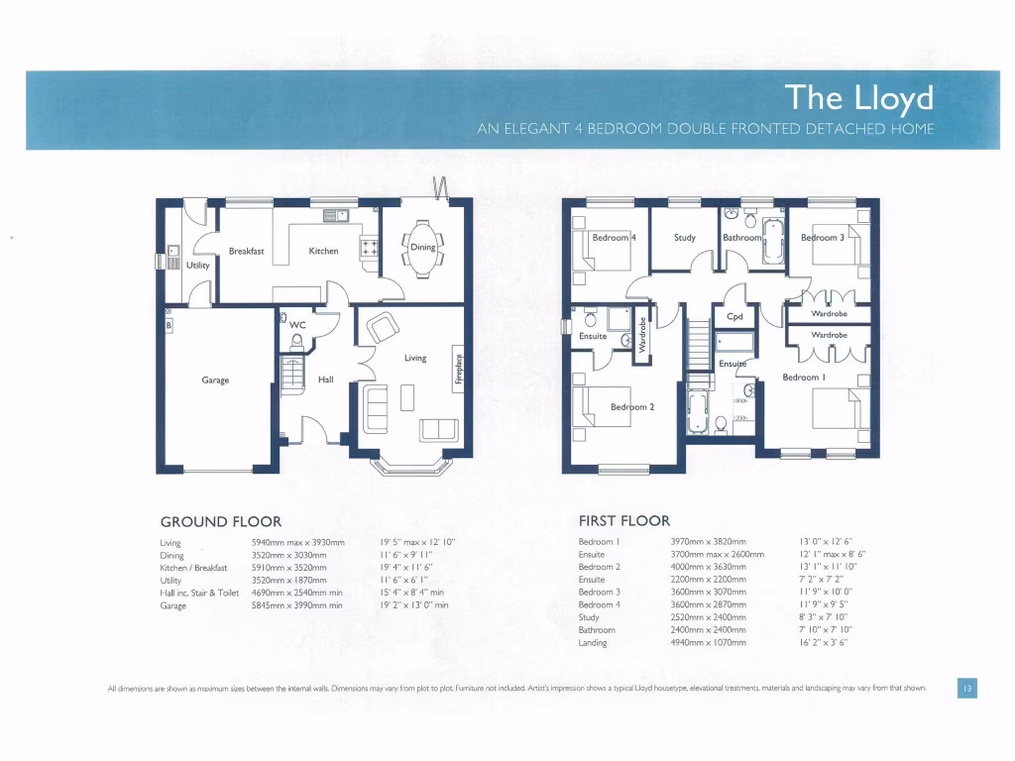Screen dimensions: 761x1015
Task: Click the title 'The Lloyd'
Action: pos(858,97)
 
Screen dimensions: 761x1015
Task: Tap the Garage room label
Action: pos(215,380)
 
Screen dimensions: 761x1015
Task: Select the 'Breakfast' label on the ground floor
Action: pos(247,252)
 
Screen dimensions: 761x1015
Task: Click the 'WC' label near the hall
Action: pos(297,324)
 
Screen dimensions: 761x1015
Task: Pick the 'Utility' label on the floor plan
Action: pos(198,266)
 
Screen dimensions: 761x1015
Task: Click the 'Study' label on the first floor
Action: pos(685,238)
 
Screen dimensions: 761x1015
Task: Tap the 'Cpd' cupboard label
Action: pos(734,317)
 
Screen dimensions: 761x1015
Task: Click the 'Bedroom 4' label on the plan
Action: pos(614,238)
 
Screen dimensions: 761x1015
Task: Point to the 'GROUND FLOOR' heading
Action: pos(221,521)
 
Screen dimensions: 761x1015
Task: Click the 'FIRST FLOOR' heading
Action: pos(624,520)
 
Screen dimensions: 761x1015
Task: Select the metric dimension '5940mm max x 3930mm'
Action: pos(298,543)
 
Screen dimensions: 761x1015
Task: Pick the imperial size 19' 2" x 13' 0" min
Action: pos(414,605)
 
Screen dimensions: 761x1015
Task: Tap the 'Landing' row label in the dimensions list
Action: pos(593,643)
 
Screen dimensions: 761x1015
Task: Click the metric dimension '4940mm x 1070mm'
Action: pos(708,643)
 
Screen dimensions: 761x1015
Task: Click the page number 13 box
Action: pos(966,688)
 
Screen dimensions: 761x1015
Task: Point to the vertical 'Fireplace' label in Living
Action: pos(458,367)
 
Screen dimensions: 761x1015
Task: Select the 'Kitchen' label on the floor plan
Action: pos(323,252)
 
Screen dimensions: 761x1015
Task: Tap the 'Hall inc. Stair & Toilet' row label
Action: pos(199,593)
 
